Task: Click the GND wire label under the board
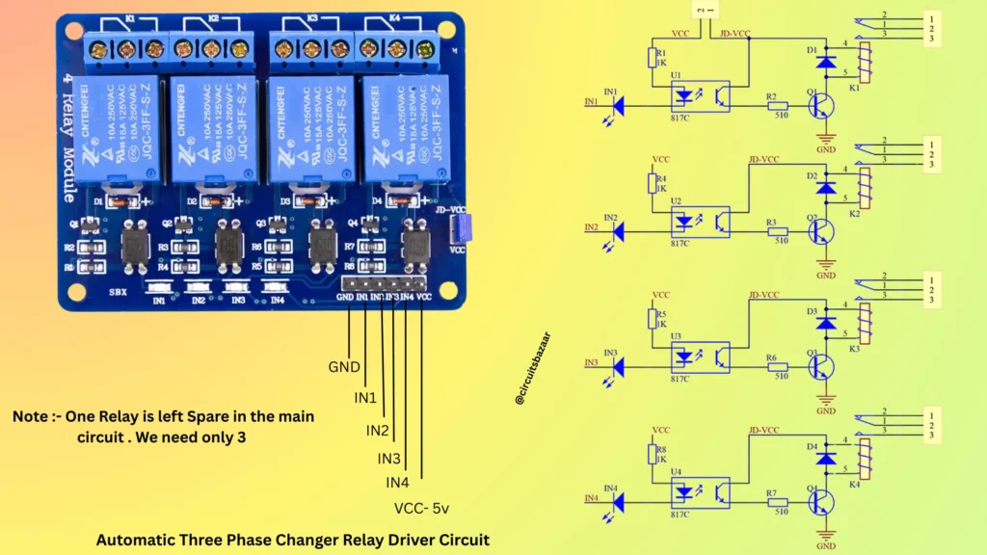pyautogui.click(x=344, y=367)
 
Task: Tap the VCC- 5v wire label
pyautogui.click(x=420, y=508)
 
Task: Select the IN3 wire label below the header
pyautogui.click(x=388, y=458)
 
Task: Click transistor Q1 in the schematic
pyautogui.click(x=819, y=101)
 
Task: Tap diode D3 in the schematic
pyautogui.click(x=825, y=324)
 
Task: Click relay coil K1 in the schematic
pyautogui.click(x=865, y=62)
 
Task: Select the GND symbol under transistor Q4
pyautogui.click(x=826, y=540)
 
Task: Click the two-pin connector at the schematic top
pyautogui.click(x=706, y=10)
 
